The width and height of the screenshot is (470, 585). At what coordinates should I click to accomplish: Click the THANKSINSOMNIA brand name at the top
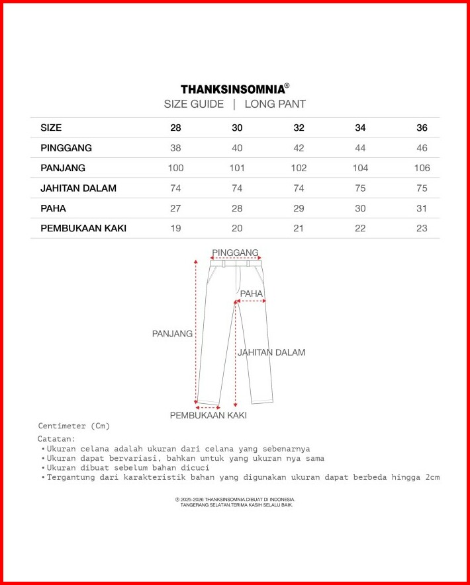232,89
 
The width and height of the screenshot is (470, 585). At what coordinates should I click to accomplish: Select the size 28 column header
175,128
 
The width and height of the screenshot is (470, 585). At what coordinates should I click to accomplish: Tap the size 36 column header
422,128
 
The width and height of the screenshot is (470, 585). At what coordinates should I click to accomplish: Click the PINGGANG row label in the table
66,148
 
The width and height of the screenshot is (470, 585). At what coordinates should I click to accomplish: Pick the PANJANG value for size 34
360,168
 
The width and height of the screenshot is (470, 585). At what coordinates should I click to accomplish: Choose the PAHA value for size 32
299,208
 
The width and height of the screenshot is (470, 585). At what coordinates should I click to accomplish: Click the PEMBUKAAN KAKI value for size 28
175,229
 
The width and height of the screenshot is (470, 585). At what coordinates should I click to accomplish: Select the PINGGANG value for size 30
237,148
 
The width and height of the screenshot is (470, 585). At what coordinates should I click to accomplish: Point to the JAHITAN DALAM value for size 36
422,188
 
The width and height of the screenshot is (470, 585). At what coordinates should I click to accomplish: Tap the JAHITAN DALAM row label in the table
78,188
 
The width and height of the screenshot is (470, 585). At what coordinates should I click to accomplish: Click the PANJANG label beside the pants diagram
172,334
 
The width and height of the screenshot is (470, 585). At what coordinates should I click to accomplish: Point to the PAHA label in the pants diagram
252,293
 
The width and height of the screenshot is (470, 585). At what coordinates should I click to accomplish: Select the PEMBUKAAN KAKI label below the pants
208,416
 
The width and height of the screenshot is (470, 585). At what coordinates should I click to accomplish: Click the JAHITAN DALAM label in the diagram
271,352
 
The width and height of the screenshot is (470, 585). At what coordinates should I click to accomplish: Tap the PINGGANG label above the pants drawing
236,253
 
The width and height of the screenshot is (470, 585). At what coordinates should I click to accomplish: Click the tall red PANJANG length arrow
196,331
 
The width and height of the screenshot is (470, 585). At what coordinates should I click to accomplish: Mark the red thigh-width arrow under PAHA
251,301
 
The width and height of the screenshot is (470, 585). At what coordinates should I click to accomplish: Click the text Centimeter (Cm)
73,426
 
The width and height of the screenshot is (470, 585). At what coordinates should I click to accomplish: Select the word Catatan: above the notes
56,438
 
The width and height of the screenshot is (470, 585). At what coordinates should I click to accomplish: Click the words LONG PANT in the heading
275,104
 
